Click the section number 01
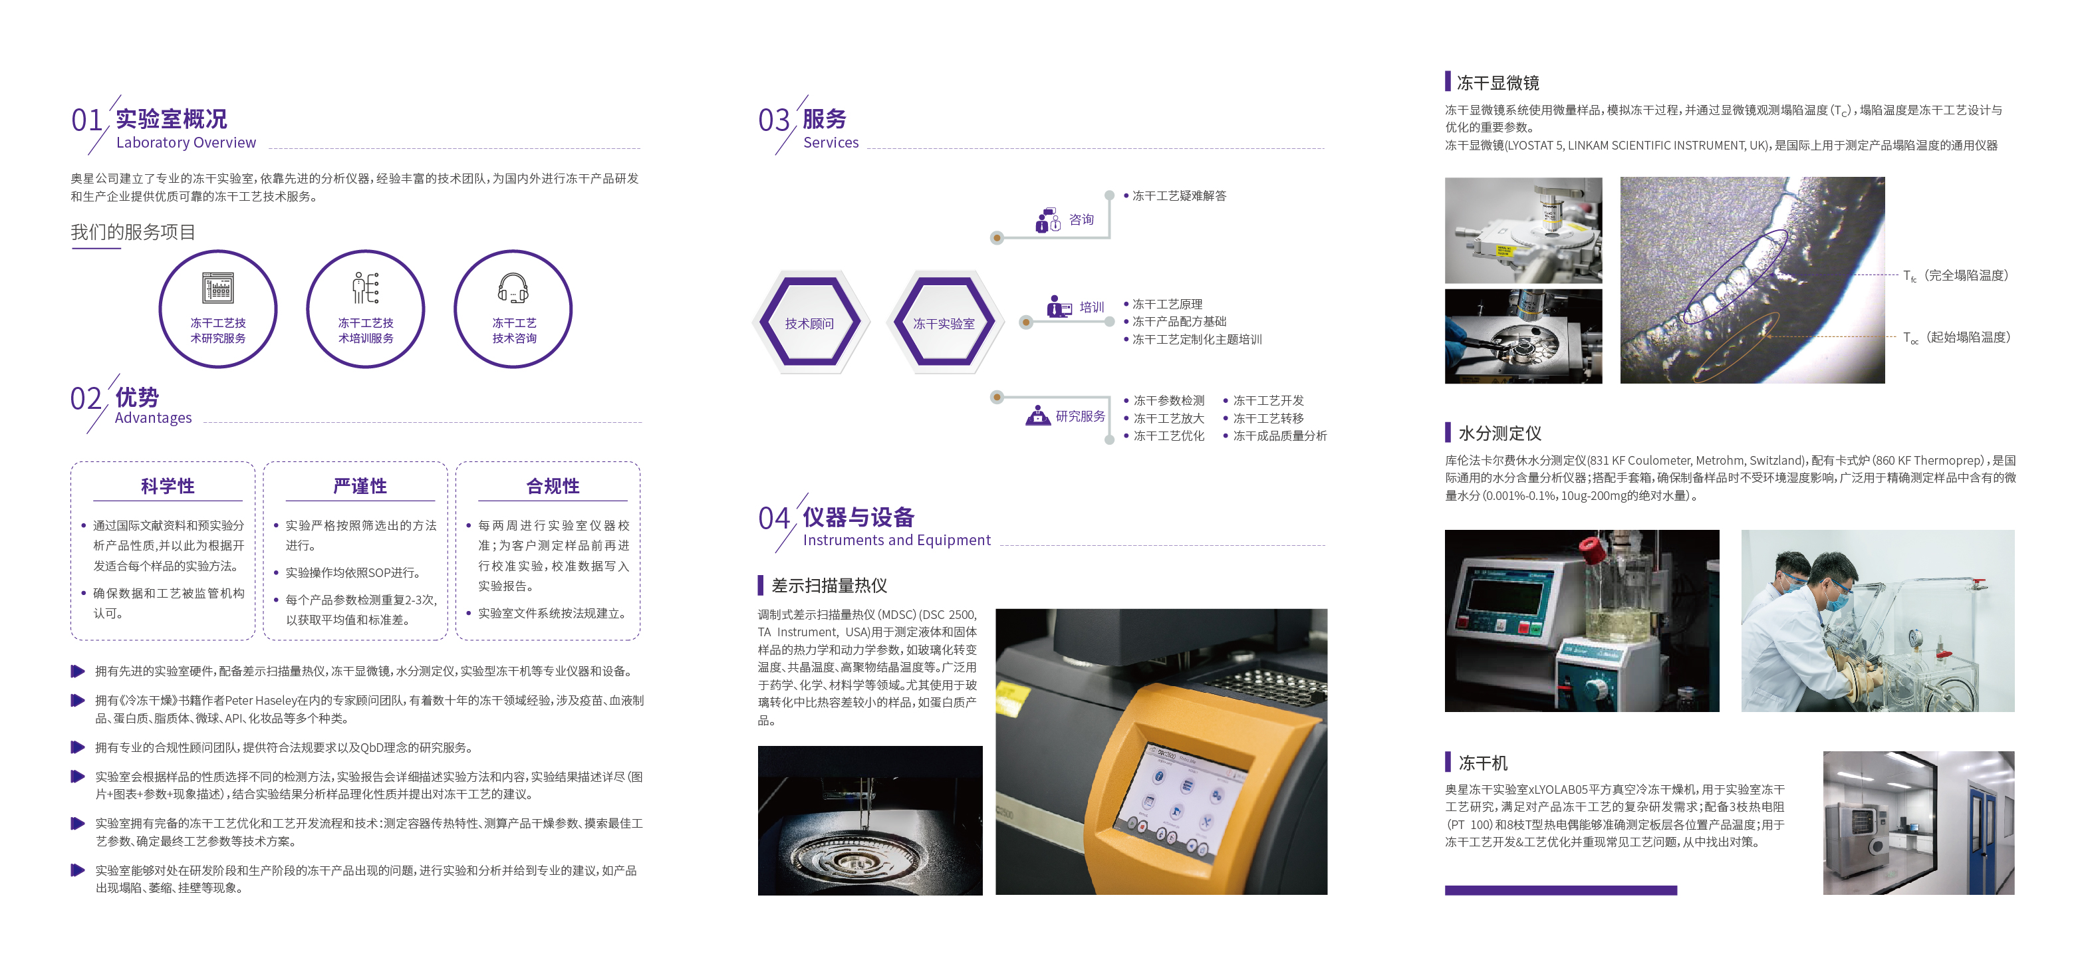tap(86, 120)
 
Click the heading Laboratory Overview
tap(186, 142)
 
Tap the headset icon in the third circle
tap(513, 287)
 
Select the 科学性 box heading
tap(168, 486)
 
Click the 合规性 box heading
tap(553, 486)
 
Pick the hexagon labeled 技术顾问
tap(810, 322)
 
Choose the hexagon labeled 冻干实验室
tap(944, 322)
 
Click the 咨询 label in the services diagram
tap(1081, 219)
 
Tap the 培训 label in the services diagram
tap(1092, 307)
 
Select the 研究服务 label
tap(1081, 416)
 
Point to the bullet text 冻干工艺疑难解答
tap(1179, 196)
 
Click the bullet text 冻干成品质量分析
tap(1279, 435)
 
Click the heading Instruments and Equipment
tap(896, 540)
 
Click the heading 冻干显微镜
tap(1498, 82)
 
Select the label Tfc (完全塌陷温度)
tap(1956, 275)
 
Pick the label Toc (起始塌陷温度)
tap(1956, 337)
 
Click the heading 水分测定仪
tap(1499, 433)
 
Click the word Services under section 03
tap(831, 142)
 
